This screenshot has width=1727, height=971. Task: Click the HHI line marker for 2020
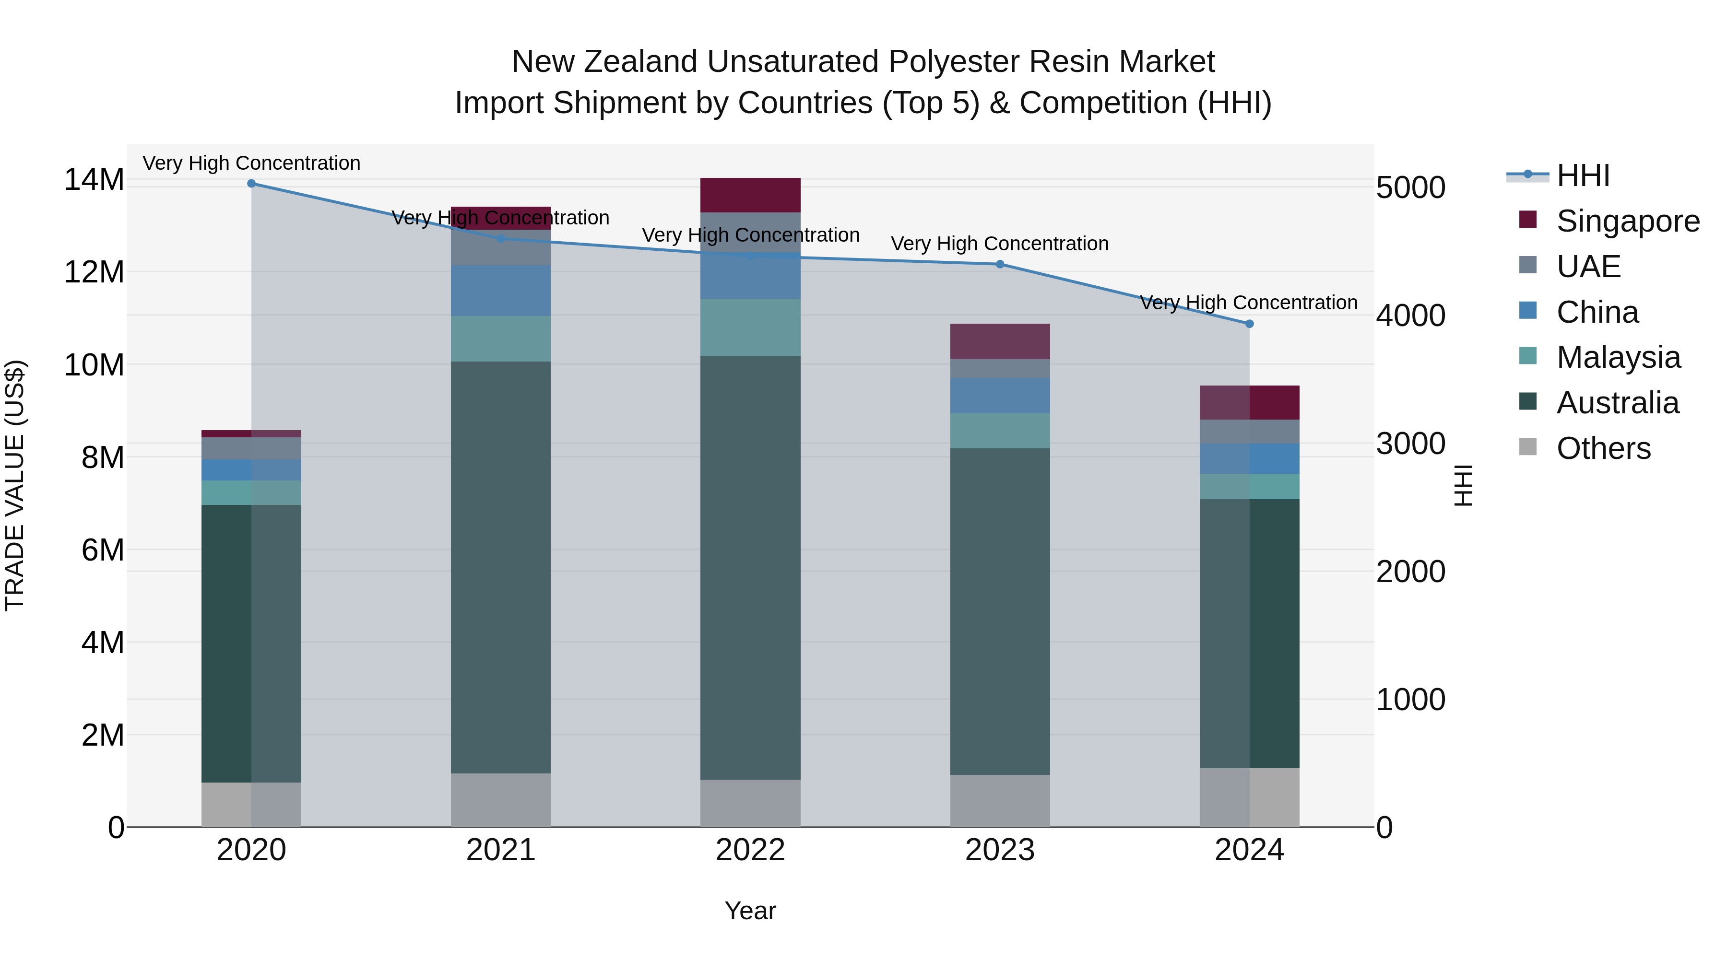coord(251,184)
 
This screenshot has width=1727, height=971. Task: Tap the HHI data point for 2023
coord(1000,264)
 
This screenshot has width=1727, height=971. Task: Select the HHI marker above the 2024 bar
coord(1249,324)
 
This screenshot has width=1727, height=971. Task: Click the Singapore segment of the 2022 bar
coord(750,195)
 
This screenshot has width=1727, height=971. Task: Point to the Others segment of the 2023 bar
coord(1000,801)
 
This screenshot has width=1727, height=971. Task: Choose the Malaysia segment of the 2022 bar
coord(750,327)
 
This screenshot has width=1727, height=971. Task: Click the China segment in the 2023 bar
coord(1000,396)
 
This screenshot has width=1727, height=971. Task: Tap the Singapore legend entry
coord(1628,221)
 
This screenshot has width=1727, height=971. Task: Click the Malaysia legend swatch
coord(1528,356)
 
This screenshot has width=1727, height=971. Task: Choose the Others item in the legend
coord(1603,448)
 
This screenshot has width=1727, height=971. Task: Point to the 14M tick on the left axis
coord(94,180)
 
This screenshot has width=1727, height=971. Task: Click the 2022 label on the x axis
coord(750,850)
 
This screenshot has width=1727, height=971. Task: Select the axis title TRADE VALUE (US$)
coord(15,485)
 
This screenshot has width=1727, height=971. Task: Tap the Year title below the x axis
coord(750,911)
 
